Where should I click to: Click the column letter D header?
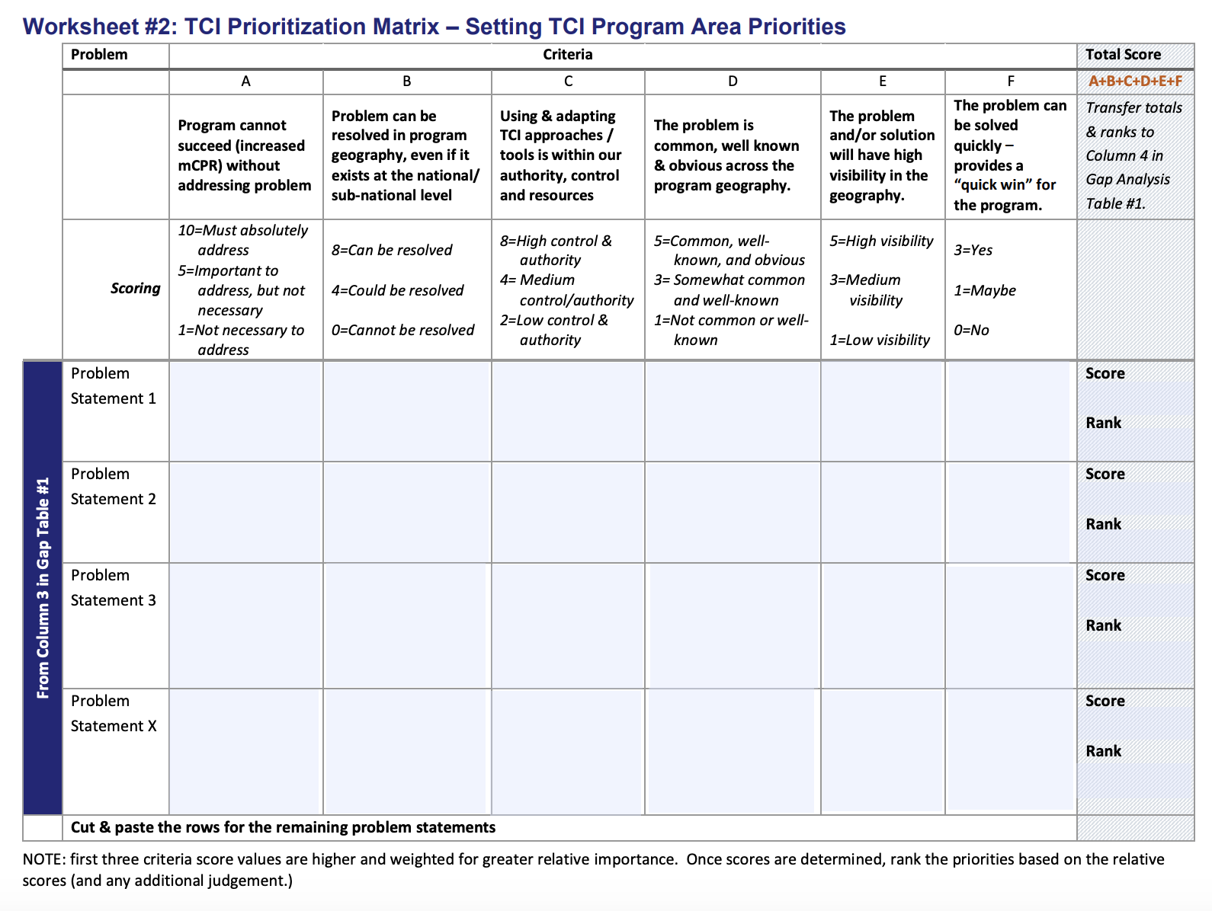pos(733,82)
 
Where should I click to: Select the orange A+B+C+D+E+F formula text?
pos(1135,82)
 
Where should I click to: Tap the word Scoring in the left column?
pos(135,288)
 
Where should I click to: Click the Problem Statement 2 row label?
pos(113,486)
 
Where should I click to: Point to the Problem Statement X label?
pos(114,713)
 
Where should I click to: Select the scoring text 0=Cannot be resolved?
pos(402,330)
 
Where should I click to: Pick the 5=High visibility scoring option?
pos(881,241)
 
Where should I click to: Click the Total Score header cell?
pos(1123,55)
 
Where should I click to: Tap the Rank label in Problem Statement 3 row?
pos(1103,625)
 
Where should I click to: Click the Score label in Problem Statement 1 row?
pos(1105,373)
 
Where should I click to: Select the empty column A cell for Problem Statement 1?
pos(245,411)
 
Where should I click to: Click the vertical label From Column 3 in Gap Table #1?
pos(43,587)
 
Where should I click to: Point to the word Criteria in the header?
pos(567,55)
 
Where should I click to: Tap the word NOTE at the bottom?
pos(43,859)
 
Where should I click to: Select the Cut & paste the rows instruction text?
pos(283,827)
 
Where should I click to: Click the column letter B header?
pos(407,82)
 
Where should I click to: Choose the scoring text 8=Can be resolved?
pos(392,250)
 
